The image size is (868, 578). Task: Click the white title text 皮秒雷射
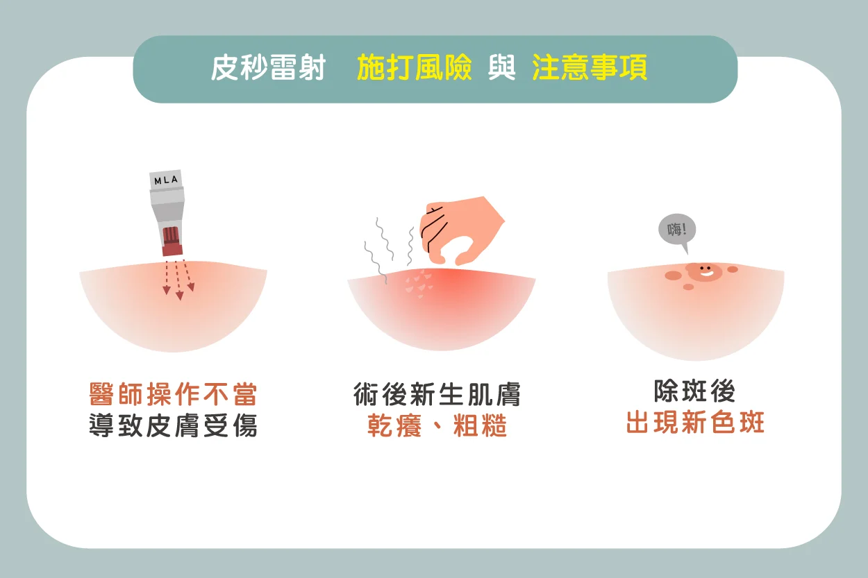tap(268, 68)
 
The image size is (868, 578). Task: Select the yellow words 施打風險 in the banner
tap(414, 68)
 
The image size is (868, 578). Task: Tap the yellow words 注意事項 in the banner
tap(590, 68)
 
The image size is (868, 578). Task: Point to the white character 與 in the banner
tap(502, 68)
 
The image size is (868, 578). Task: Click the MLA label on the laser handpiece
tap(166, 180)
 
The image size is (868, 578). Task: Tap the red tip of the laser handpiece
tap(172, 241)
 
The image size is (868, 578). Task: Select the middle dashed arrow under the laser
tap(178, 280)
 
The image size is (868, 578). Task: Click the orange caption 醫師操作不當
tap(173, 394)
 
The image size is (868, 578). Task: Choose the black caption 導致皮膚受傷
tap(173, 425)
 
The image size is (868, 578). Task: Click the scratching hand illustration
tap(461, 230)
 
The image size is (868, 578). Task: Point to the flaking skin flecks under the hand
tap(419, 284)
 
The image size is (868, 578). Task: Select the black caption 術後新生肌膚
tap(437, 394)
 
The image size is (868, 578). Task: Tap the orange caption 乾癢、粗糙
tap(437, 425)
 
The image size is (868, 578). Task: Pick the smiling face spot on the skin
tap(705, 271)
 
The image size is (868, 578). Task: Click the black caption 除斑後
tap(695, 391)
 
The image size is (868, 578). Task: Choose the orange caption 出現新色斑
tap(695, 422)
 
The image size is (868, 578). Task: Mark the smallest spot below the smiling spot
tap(688, 287)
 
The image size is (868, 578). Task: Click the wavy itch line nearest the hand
tap(410, 246)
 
